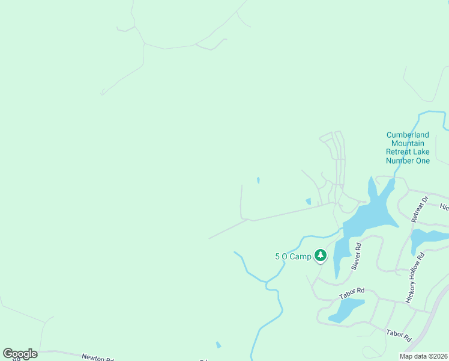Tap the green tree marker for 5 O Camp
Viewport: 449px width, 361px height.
pos(321,256)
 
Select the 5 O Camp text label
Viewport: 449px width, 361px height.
pos(293,257)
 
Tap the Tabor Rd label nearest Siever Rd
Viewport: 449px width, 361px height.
pos(352,293)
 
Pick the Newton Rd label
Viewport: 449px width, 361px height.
pos(97,357)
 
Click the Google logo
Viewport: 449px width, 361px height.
pos(20,354)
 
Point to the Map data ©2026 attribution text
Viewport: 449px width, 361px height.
pos(423,356)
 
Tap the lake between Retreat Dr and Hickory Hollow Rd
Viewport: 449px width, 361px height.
pos(427,238)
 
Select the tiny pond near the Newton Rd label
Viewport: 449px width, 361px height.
pos(218,345)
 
